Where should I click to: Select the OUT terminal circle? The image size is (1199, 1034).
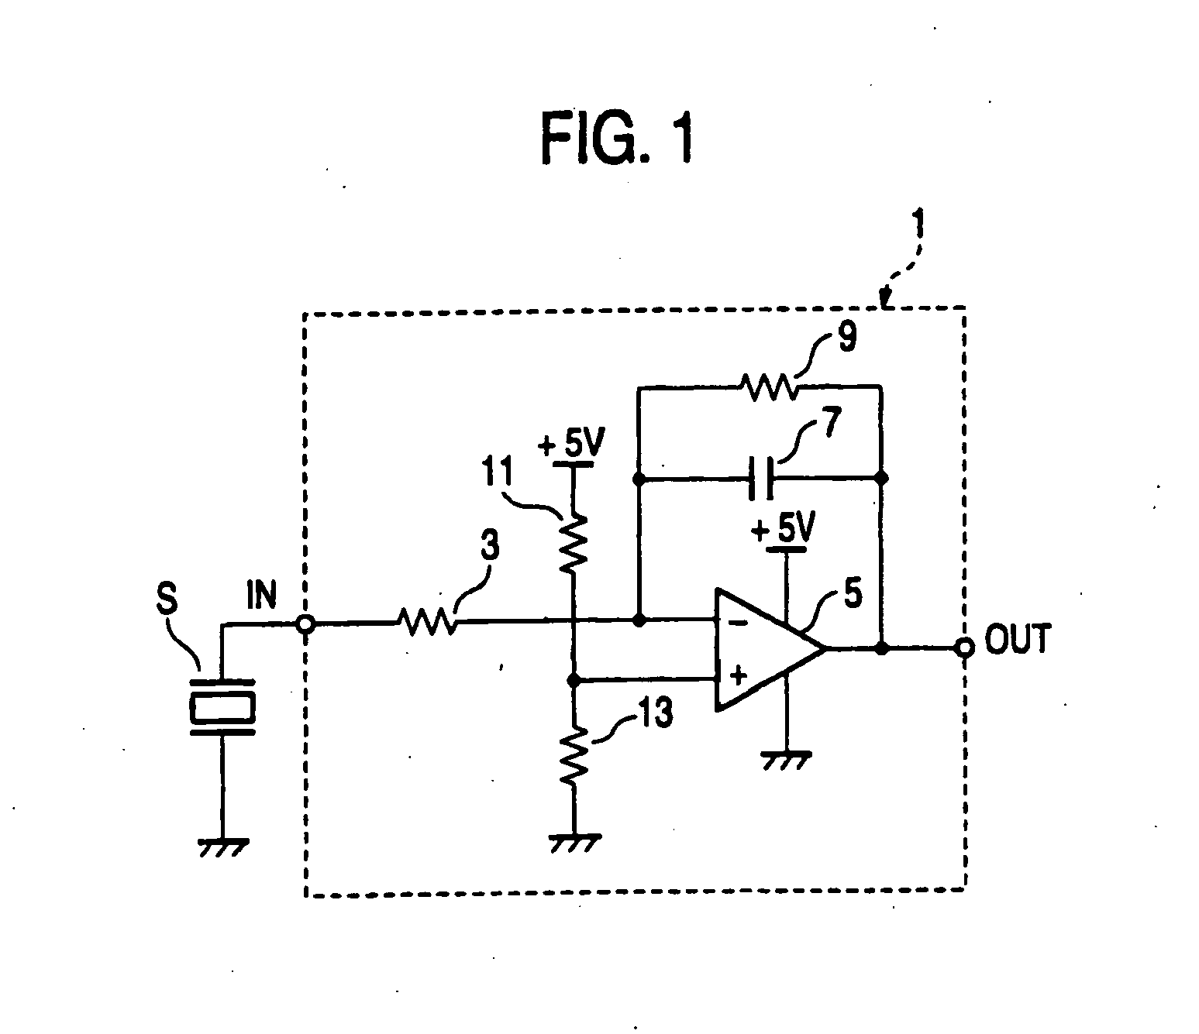[965, 648]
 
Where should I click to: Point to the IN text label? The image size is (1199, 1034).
[261, 598]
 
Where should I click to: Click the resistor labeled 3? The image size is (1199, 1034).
[427, 621]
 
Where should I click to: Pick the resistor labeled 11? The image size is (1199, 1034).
[573, 544]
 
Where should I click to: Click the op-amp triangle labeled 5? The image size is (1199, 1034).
[763, 649]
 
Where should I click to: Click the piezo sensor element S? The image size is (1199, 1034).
[222, 706]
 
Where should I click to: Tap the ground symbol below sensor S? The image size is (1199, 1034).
[222, 847]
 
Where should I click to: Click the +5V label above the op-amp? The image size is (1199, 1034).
[784, 531]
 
